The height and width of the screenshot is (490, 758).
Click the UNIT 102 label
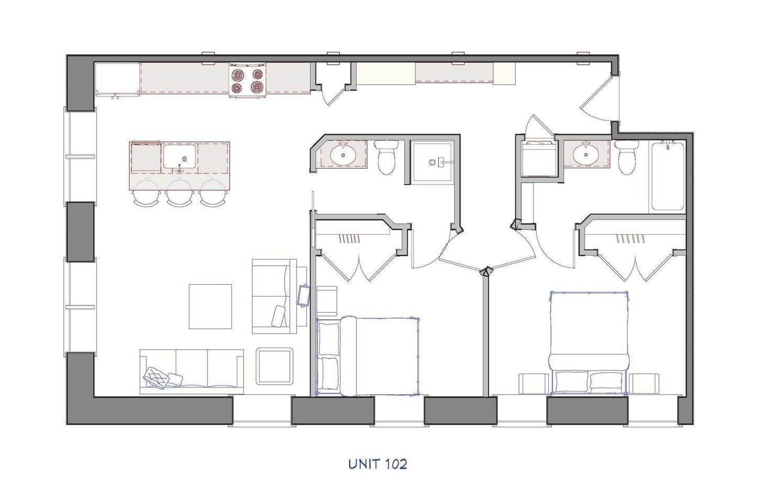click(377, 464)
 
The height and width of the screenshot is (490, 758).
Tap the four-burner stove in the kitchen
click(248, 81)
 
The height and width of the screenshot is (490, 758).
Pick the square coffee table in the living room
click(210, 307)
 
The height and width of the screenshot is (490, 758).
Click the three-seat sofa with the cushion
click(192, 371)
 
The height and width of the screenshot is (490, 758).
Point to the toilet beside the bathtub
click(626, 157)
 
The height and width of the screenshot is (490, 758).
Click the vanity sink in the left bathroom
click(343, 154)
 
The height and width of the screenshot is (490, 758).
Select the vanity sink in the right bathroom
click(583, 154)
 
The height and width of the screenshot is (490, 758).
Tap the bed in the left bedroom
click(369, 355)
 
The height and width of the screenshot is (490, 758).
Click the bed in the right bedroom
click(588, 342)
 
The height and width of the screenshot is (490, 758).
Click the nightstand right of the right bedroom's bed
click(644, 383)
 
